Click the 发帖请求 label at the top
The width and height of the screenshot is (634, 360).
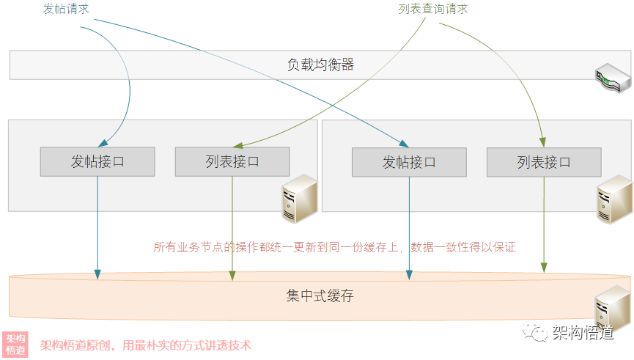[67, 10]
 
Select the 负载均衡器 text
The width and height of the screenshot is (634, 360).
[320, 65]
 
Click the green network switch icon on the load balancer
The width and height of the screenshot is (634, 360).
[611, 76]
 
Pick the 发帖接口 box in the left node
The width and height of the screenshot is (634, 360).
[97, 162]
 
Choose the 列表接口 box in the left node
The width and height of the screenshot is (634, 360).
[232, 162]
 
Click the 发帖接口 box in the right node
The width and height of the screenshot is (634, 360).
[409, 162]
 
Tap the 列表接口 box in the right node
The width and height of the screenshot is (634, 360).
[544, 162]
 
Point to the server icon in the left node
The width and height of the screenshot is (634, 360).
[299, 199]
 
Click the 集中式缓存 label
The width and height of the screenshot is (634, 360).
[320, 296]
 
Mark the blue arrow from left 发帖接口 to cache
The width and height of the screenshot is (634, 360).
[97, 227]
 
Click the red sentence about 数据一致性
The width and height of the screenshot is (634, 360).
[334, 247]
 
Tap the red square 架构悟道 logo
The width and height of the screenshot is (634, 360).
[15, 344]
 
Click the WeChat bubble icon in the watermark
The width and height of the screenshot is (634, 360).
[539, 333]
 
